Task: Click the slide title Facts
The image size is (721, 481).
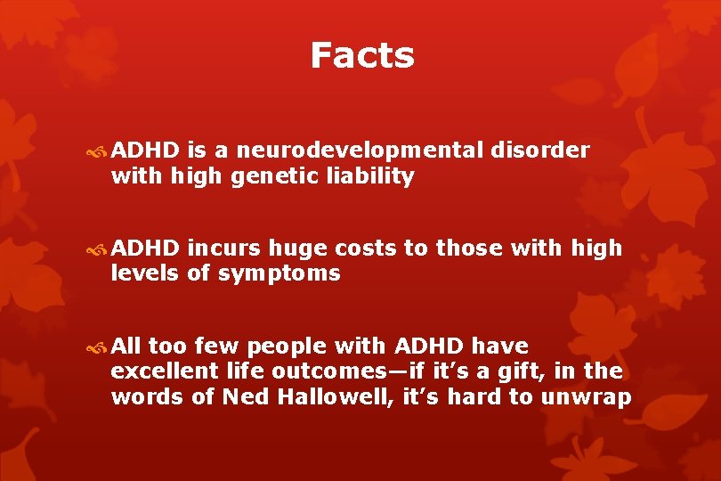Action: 362,55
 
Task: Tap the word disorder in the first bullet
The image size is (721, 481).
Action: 539,151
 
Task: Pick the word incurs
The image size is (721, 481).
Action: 220,249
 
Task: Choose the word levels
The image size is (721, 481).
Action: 145,273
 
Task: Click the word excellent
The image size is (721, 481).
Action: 164,371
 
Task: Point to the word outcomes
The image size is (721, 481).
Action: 313,371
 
